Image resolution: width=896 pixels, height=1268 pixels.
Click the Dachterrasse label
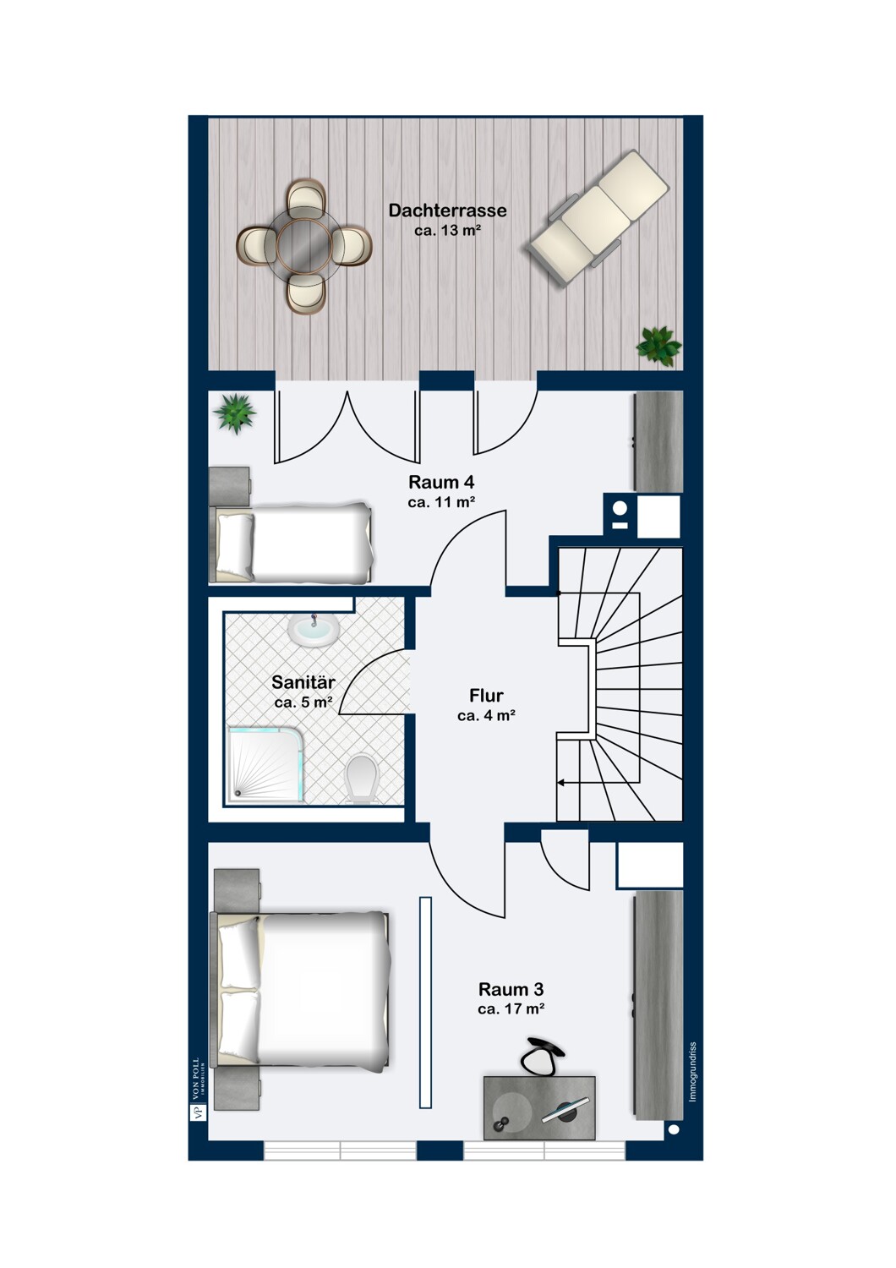(447, 210)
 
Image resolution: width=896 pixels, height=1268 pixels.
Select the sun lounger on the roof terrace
(598, 216)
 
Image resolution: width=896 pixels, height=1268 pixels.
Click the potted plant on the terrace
(658, 345)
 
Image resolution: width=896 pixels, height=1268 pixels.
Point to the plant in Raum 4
(235, 413)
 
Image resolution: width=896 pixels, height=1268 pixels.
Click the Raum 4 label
(441, 483)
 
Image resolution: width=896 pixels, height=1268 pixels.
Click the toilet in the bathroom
(362, 778)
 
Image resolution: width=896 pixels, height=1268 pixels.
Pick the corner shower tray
(266, 764)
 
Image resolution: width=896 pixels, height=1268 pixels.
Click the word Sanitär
(303, 682)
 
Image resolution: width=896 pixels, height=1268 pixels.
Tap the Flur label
(486, 695)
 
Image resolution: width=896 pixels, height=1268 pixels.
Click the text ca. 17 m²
(511, 1008)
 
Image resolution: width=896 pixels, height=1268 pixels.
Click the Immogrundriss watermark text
(692, 1072)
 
